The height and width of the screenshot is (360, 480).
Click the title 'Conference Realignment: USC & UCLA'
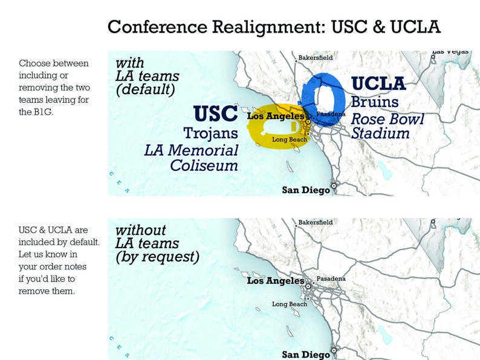[x=274, y=27]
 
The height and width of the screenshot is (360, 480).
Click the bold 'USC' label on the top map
[x=216, y=114]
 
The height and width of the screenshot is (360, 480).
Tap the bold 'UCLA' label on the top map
[x=379, y=83]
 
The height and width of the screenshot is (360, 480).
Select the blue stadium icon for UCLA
[x=324, y=98]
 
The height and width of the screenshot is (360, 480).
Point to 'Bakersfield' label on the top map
[x=316, y=59]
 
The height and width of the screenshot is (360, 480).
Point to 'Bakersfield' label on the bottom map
[x=316, y=222]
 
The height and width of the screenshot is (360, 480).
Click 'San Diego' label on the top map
[x=306, y=190]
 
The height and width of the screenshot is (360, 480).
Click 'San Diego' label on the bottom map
[x=306, y=355]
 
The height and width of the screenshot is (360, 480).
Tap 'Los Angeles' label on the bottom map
[x=275, y=281]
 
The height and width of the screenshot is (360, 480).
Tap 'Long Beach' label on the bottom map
[x=290, y=304]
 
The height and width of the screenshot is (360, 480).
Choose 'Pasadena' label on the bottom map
[x=331, y=278]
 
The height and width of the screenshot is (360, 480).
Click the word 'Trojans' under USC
[x=210, y=132]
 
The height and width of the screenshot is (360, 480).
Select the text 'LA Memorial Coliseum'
[x=191, y=157]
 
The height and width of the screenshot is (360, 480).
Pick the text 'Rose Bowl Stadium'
[x=387, y=126]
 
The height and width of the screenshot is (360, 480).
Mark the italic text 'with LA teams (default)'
[x=147, y=76]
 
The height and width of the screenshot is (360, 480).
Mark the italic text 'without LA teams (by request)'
[x=156, y=243]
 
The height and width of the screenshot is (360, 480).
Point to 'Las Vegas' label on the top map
[x=450, y=52]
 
